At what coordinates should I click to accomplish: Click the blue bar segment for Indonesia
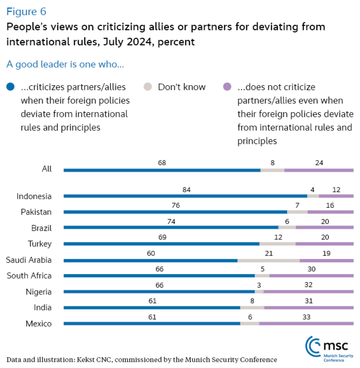tap(185, 196)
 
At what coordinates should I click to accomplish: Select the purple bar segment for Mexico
tap(306, 323)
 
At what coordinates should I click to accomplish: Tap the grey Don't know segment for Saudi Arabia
tap(268, 260)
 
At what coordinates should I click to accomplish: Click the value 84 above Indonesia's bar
tap(186, 189)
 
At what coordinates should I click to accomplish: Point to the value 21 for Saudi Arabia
tap(268, 253)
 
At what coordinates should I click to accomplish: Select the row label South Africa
tap(29, 276)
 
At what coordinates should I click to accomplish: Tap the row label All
tap(47, 169)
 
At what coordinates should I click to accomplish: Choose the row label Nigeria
tap(39, 292)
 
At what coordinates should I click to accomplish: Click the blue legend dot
tap(10, 87)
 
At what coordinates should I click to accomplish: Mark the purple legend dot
tap(227, 87)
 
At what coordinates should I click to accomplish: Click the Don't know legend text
tap(182, 87)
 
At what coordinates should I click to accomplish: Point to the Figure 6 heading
tap(26, 11)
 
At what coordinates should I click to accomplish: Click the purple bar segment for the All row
tap(318, 170)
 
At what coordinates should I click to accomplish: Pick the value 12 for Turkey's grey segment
tap(277, 237)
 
